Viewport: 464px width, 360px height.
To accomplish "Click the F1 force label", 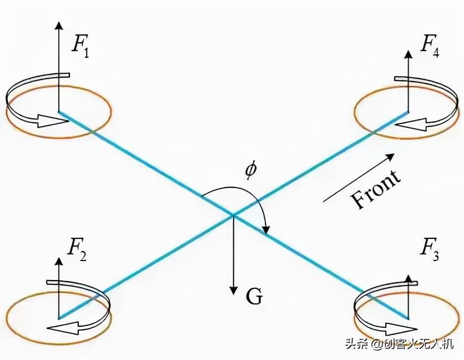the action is click(x=80, y=47).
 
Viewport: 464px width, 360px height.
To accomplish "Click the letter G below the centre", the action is click(x=254, y=296).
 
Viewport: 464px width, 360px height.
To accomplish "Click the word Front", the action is click(x=376, y=189).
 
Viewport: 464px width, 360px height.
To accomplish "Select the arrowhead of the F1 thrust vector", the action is click(x=59, y=26).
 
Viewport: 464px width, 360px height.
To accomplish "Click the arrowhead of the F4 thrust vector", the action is click(x=408, y=54).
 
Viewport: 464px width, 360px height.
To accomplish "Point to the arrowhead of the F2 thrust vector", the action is click(x=59, y=261).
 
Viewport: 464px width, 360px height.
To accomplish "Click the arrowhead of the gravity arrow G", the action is click(x=234, y=291).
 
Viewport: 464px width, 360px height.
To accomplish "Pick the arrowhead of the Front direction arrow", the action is click(x=390, y=157).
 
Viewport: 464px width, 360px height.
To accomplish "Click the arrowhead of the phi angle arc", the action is click(x=266, y=229).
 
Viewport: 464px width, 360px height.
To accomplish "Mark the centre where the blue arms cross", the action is click(x=234, y=214).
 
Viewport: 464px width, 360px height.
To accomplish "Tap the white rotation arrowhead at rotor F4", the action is click(x=412, y=124).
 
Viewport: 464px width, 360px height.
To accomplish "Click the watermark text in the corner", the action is click(x=399, y=344).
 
